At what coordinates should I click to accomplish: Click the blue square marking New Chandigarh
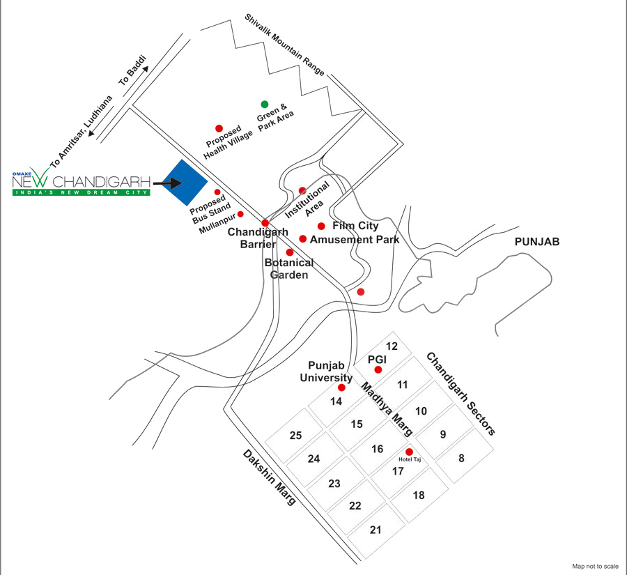click(185, 183)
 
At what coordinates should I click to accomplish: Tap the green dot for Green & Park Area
click(264, 105)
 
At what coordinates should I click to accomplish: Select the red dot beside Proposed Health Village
click(219, 128)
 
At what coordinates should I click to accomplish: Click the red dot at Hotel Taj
click(409, 452)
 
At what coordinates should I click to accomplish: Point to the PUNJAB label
click(536, 242)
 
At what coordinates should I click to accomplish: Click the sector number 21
click(375, 530)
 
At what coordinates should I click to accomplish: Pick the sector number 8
click(461, 458)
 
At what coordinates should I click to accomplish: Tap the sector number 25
click(295, 436)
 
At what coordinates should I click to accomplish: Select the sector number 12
click(392, 346)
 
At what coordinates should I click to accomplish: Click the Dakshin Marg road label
click(270, 477)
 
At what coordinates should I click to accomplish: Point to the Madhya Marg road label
click(387, 408)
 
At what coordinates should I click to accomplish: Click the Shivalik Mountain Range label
click(284, 45)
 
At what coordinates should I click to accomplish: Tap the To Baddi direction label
click(132, 71)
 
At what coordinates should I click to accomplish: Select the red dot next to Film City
click(321, 226)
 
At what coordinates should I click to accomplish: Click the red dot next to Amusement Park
click(303, 239)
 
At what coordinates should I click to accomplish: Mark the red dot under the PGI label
click(378, 369)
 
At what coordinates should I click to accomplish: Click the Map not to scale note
click(595, 566)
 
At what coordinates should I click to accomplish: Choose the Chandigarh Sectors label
click(461, 394)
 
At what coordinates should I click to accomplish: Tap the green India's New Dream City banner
click(82, 192)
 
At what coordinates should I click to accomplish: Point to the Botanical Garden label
click(289, 268)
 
